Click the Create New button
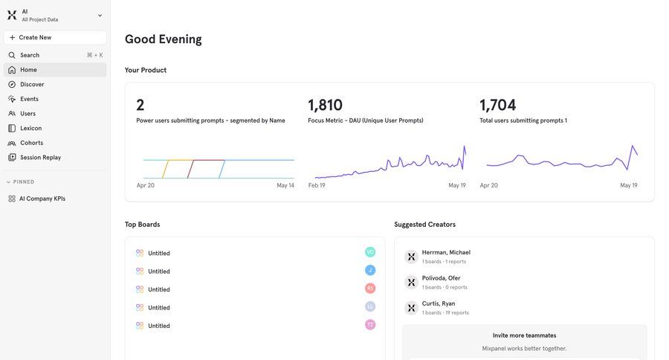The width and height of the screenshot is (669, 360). coord(54,37)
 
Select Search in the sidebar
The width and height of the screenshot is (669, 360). coord(30,55)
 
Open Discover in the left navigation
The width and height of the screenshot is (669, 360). coord(32,84)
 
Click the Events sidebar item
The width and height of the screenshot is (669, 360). coord(29,99)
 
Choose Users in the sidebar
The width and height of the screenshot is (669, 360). coord(28,114)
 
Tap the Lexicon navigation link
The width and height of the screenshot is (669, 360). coord(30,128)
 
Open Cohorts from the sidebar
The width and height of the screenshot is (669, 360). coord(31,143)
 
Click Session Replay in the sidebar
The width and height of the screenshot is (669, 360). coord(40,158)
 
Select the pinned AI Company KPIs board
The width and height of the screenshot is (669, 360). coord(42,199)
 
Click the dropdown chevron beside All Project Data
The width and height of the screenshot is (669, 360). coord(100,16)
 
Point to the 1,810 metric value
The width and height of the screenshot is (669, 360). coord(325,106)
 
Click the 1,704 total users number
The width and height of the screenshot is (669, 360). coord(497,106)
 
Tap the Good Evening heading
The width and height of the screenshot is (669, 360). coord(163,39)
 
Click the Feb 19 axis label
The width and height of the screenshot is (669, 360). coord(317,185)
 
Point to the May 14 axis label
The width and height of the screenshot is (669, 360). coord(285,185)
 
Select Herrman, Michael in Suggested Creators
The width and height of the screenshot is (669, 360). coord(446,252)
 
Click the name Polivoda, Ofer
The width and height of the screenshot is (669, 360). coord(441,278)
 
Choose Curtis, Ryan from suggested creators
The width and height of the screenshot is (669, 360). coord(438,303)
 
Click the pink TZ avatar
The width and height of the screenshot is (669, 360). coord(370,325)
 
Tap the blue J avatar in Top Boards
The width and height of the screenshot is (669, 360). coord(370,271)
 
